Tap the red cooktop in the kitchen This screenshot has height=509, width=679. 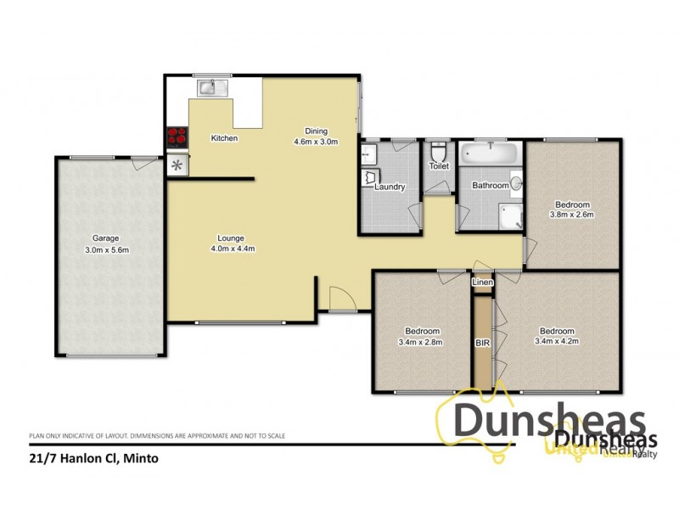click(x=177, y=137)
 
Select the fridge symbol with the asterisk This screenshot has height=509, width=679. click(x=177, y=165)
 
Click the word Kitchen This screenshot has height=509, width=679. click(x=224, y=138)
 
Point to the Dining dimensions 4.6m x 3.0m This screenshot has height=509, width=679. click(x=316, y=142)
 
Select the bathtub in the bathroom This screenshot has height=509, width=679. click(x=491, y=155)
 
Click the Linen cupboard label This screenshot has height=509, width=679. click(x=482, y=281)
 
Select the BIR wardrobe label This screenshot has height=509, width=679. click(x=482, y=343)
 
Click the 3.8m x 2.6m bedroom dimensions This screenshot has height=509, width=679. click(x=572, y=215)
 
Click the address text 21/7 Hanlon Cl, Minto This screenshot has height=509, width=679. click(x=93, y=459)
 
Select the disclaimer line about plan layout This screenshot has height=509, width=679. click(x=157, y=436)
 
